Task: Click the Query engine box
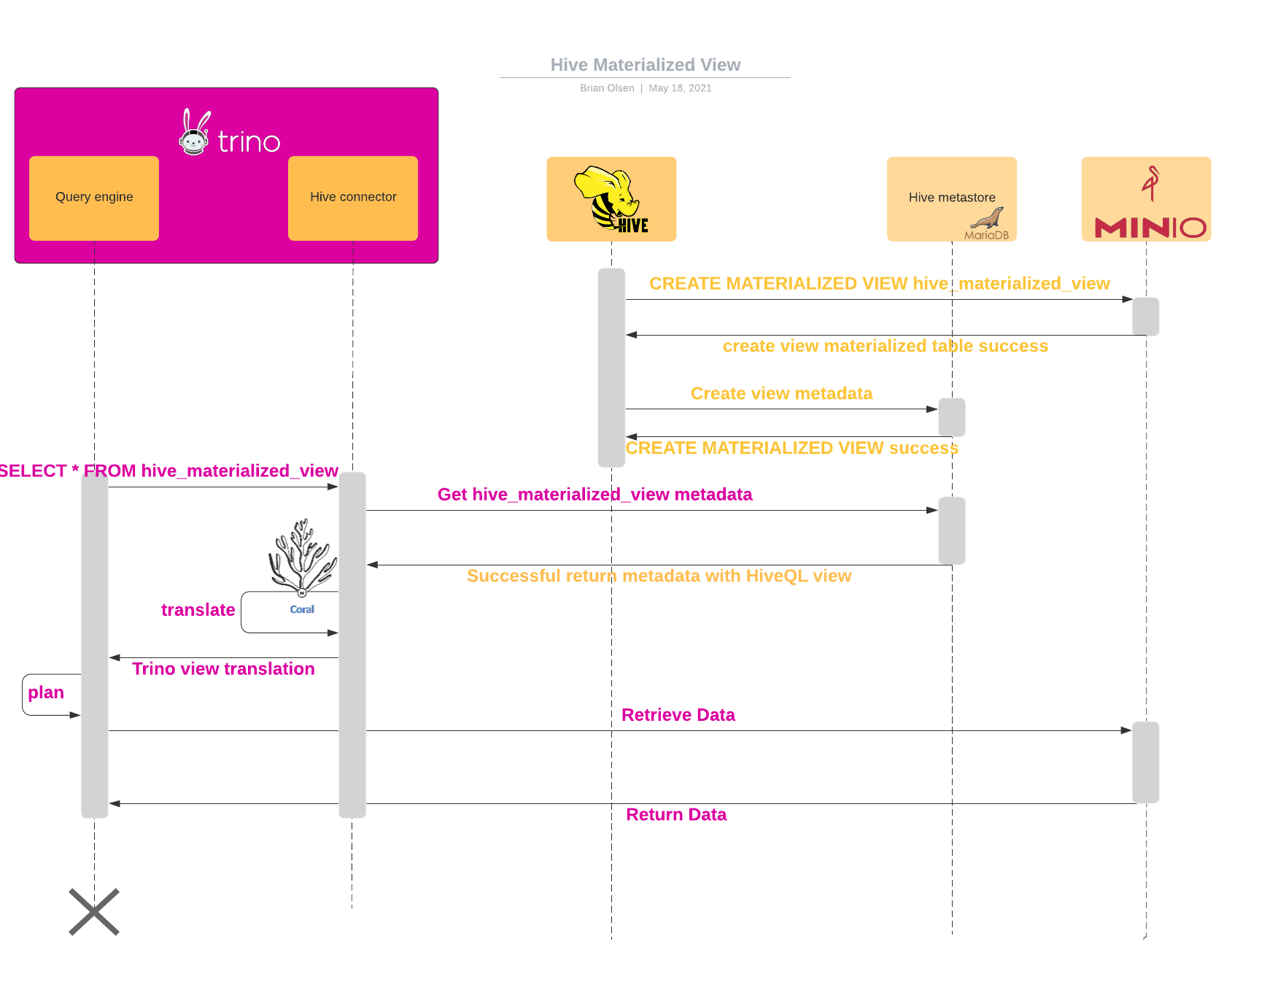coord(94,198)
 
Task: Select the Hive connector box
coord(353,198)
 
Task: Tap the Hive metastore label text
coord(952,198)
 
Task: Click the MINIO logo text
coord(1150,228)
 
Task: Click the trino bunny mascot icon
coord(195,132)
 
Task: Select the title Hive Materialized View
coord(646,65)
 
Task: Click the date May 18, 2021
coord(680,88)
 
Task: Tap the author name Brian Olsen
coord(607,88)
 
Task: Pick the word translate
coord(198,610)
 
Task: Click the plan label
coord(46,692)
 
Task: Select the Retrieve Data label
coord(678,715)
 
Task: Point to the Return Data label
coord(676,815)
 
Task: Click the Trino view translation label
coord(223,669)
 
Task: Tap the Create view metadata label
coord(781,394)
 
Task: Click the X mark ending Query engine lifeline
coord(94,911)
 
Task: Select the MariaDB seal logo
coord(988,219)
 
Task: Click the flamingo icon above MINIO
coord(1150,182)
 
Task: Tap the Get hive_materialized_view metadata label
coord(594,495)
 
